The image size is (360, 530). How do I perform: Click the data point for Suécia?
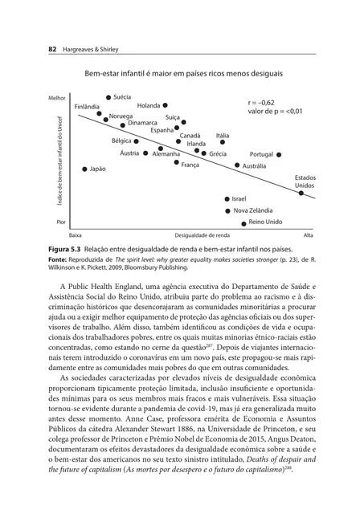(x=108, y=97)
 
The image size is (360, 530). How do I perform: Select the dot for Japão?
(x=85, y=169)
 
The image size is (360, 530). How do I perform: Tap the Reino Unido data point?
(x=244, y=223)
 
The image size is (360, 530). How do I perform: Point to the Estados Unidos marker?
(x=301, y=193)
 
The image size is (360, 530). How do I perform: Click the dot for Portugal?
(x=278, y=154)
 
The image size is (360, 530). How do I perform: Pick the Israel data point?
(x=227, y=198)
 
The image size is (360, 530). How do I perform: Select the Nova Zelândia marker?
(x=227, y=210)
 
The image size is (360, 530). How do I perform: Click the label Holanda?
(x=148, y=105)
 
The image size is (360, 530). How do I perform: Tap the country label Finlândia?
(x=87, y=106)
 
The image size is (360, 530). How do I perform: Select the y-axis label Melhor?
(x=56, y=97)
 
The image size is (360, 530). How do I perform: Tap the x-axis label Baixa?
(x=76, y=235)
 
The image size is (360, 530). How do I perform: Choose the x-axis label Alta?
(x=308, y=235)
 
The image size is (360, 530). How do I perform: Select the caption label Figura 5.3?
(x=68, y=249)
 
